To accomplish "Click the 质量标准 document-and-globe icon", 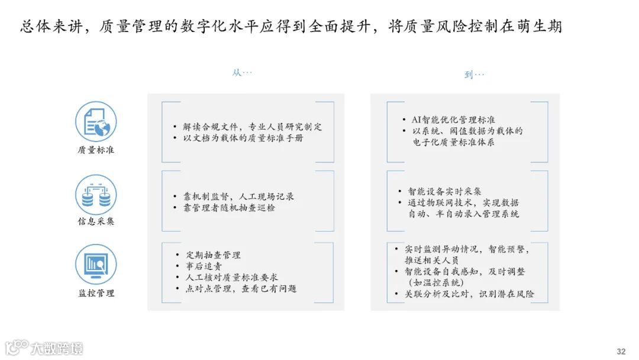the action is (x=96, y=122).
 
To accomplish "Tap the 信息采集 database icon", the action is (x=96, y=195).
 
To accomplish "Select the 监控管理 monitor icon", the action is (x=96, y=265).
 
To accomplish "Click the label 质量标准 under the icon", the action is (x=96, y=150).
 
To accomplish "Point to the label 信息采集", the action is (x=96, y=221).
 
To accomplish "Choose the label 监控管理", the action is (x=96, y=292).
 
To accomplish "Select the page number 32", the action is (x=621, y=351).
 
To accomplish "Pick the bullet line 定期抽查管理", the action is (x=211, y=255).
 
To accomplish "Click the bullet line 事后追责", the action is (x=199, y=266).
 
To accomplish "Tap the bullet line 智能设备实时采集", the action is (x=444, y=191).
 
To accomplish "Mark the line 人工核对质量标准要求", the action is (x=231, y=277).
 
